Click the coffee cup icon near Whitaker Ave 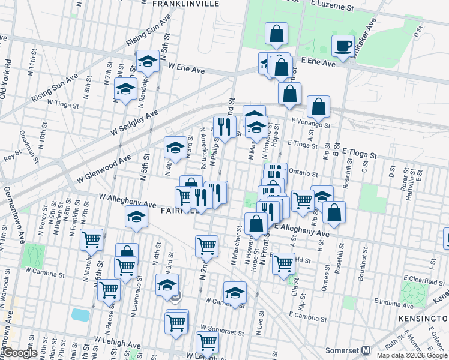pos(343,46)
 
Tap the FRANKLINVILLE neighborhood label pos(185,4)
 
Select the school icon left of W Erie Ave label pos(147,62)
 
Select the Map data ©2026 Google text pos(411,355)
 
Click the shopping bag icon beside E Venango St pos(318,107)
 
